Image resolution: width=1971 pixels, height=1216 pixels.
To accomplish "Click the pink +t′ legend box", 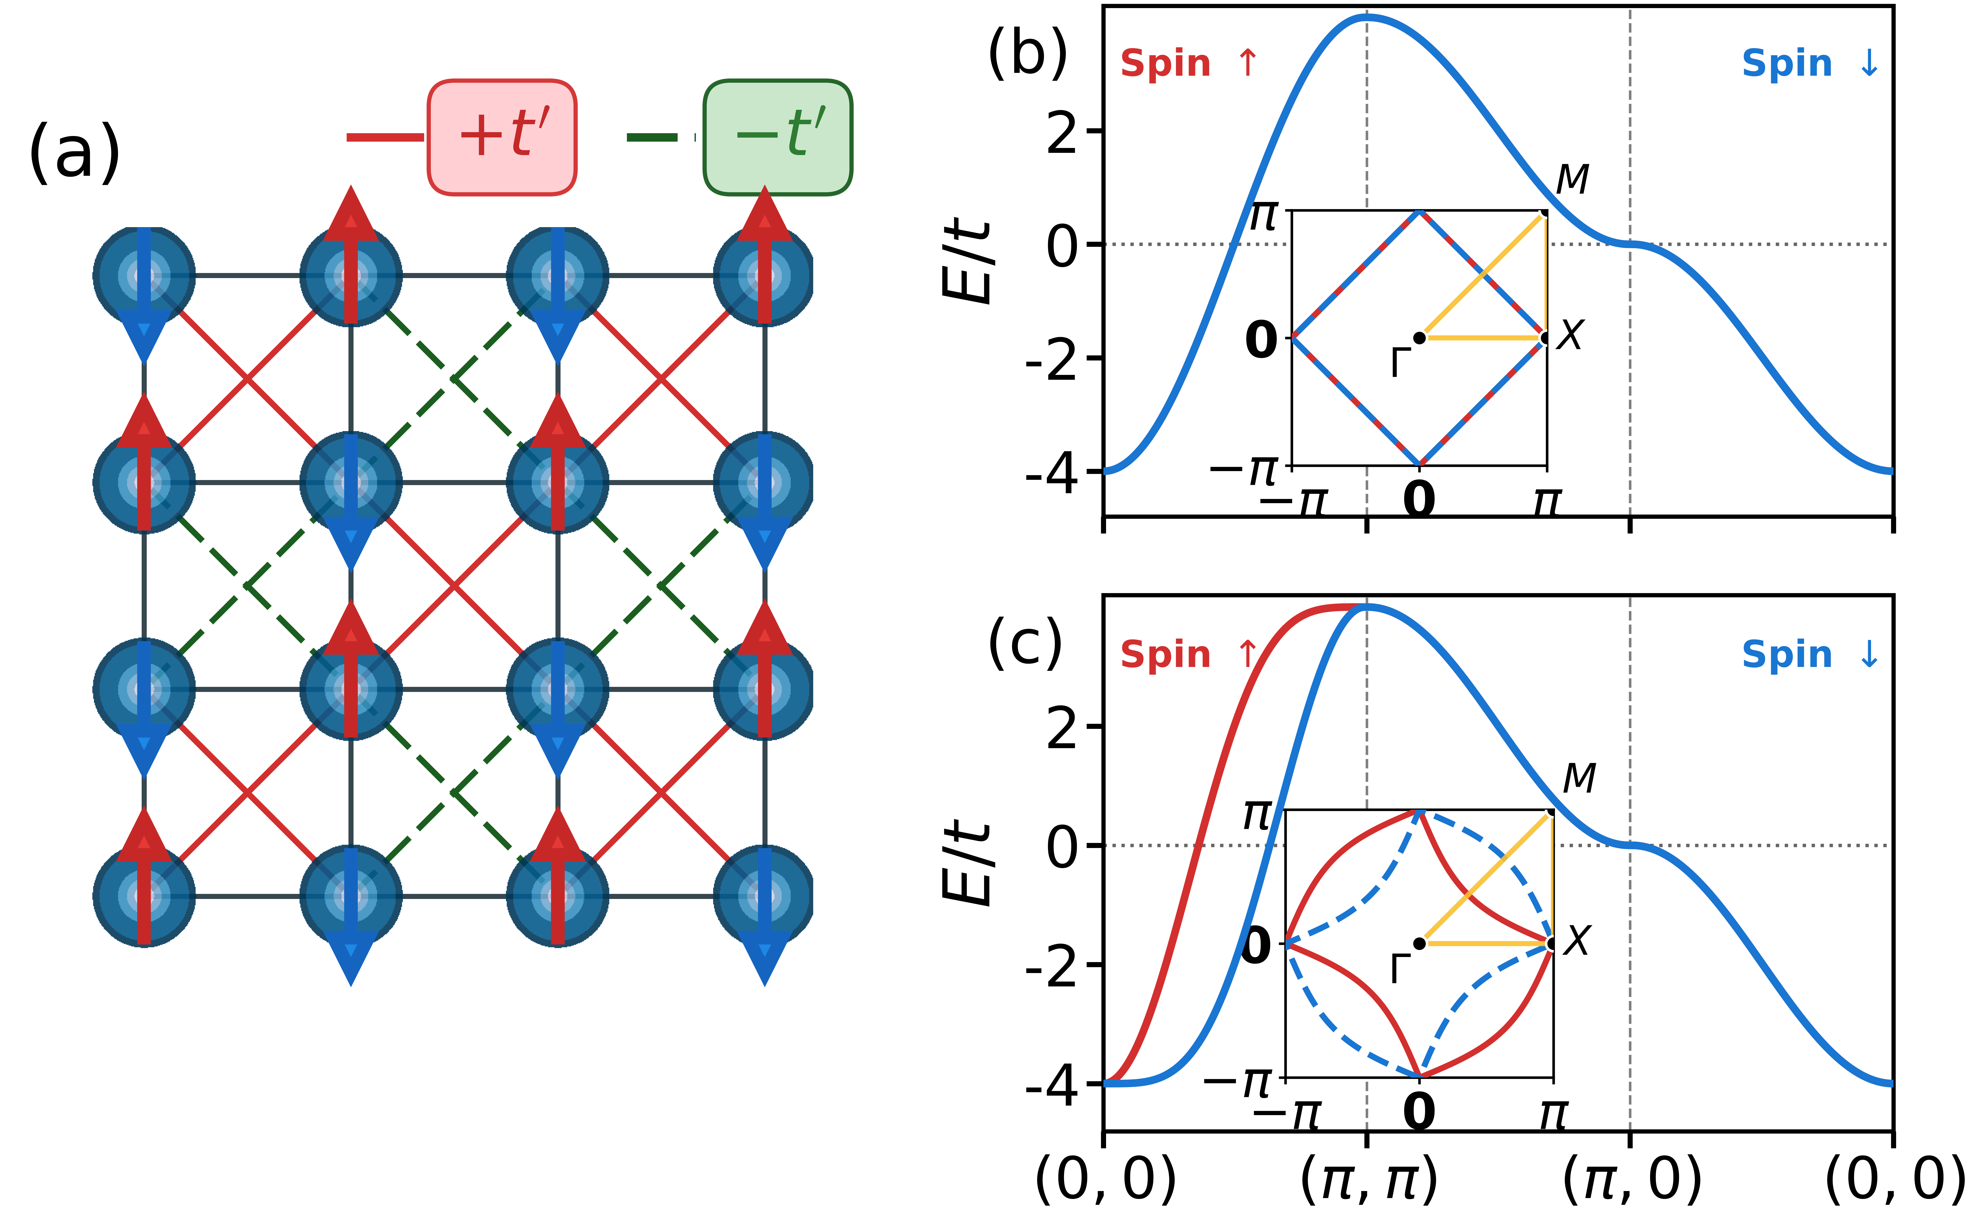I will point(502,137).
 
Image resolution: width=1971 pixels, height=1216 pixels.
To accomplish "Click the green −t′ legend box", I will point(778,137).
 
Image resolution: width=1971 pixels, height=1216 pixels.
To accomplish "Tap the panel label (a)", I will point(74,153).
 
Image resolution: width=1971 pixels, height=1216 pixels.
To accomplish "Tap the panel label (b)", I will point(1027,52).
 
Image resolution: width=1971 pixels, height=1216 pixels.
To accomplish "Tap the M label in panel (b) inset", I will point(1572,179).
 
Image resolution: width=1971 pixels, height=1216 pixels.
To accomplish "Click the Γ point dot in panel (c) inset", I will point(1419,943).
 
